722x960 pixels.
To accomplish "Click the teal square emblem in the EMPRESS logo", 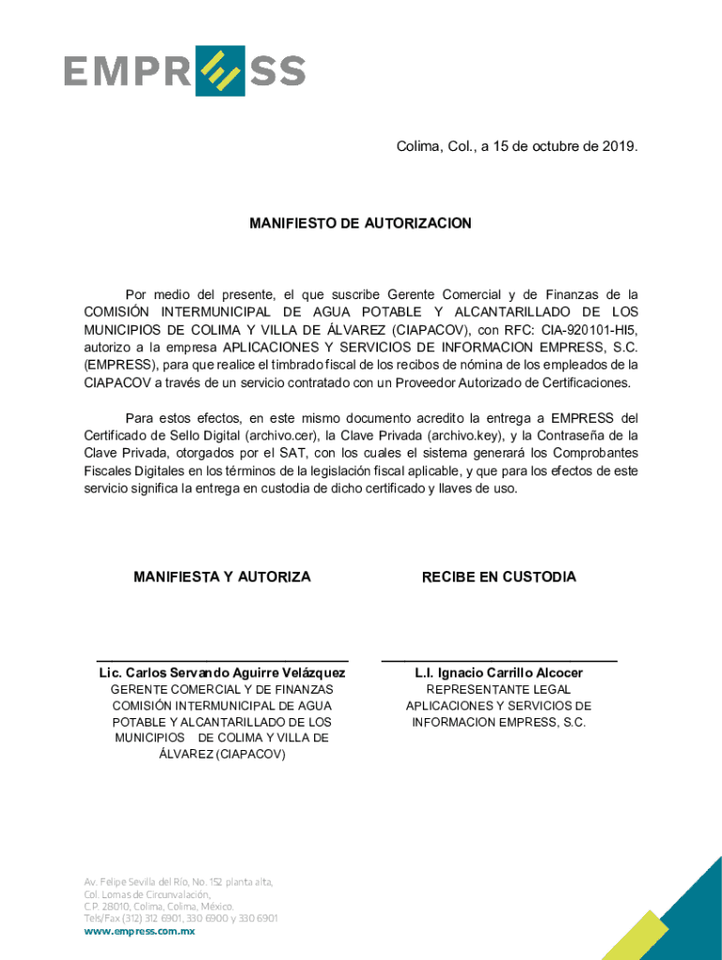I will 219,71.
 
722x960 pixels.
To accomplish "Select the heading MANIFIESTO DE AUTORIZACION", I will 360,224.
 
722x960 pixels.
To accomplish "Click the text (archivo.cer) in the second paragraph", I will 280,435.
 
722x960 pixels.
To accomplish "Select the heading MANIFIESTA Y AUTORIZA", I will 222,577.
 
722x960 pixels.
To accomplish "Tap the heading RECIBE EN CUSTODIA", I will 499,577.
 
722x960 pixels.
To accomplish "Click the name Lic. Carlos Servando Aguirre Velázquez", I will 222,673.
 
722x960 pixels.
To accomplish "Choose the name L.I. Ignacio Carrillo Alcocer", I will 499,673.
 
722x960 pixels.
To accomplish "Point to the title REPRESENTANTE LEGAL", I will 499,690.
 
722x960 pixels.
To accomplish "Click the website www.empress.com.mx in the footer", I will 140,931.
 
